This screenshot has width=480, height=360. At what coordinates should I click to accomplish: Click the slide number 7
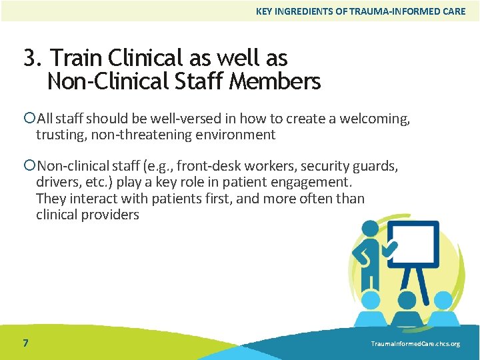pos(25,343)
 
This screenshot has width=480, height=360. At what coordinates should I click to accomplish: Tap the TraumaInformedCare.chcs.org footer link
pos(415,344)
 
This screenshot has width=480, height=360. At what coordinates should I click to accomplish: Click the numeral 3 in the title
pos(29,58)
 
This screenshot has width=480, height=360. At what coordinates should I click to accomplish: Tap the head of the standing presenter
pos(369,230)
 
